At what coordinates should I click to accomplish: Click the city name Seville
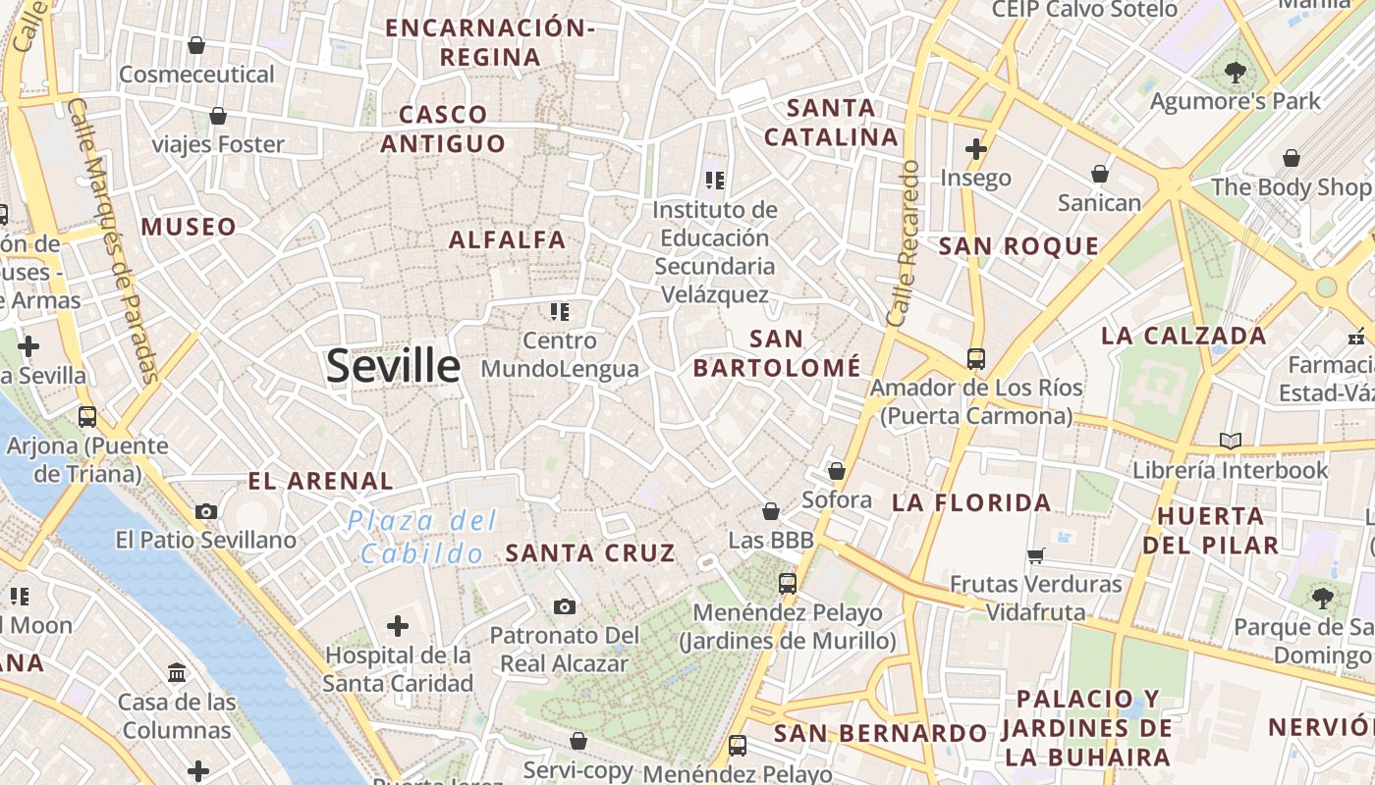point(393,366)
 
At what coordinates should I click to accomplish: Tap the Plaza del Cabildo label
point(423,537)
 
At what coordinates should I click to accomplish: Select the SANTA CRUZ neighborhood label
point(590,552)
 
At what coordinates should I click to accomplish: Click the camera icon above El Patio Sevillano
point(206,511)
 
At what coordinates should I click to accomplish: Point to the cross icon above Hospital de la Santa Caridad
point(398,625)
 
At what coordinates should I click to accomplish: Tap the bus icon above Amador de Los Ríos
point(975,359)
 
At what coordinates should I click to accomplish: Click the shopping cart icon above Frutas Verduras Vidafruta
point(1035,556)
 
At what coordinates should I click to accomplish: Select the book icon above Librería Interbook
point(1230,442)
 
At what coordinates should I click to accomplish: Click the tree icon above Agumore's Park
point(1235,72)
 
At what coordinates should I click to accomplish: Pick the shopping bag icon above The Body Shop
point(1292,158)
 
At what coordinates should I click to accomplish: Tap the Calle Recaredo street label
point(904,243)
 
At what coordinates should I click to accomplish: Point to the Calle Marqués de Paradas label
point(116,240)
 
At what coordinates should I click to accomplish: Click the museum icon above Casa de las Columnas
point(177,673)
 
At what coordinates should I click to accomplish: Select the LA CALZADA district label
point(1183,336)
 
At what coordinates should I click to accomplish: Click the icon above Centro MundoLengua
point(560,312)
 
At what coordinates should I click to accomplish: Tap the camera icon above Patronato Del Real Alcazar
point(564,606)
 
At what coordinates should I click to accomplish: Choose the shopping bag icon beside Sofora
point(837,472)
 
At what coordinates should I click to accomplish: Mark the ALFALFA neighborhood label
point(508,239)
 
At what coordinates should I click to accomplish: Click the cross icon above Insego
point(975,149)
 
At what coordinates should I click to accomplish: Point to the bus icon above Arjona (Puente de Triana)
point(87,417)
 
